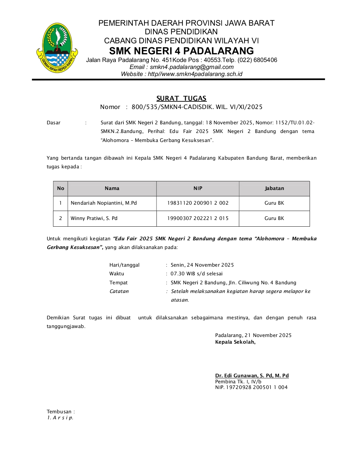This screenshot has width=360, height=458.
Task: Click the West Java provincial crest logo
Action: tap(57, 47)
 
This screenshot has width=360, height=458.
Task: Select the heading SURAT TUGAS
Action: tap(182, 98)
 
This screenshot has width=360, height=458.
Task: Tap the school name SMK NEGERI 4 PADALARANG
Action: tap(182, 51)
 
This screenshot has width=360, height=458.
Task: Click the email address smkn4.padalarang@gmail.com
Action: tap(192, 67)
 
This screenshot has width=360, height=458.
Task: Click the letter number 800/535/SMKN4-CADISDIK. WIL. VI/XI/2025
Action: tap(197, 107)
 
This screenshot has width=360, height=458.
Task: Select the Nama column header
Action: tap(112, 188)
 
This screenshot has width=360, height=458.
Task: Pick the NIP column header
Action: tap(198, 188)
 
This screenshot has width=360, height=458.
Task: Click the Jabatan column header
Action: tap(274, 188)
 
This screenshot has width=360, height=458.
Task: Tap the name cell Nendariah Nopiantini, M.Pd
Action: tap(104, 203)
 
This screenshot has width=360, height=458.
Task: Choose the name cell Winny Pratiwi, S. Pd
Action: tap(94, 218)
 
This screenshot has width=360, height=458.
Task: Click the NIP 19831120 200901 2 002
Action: tap(198, 203)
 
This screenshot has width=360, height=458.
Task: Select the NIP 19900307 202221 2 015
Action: tap(198, 218)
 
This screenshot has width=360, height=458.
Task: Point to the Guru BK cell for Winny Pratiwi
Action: tap(274, 218)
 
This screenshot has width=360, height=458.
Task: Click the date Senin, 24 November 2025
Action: tap(202, 265)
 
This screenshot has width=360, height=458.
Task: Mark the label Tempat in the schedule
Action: tap(118, 283)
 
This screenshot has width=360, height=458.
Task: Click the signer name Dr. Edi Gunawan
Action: tap(252, 376)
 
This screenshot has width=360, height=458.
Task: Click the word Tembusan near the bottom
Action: tap(59, 412)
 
